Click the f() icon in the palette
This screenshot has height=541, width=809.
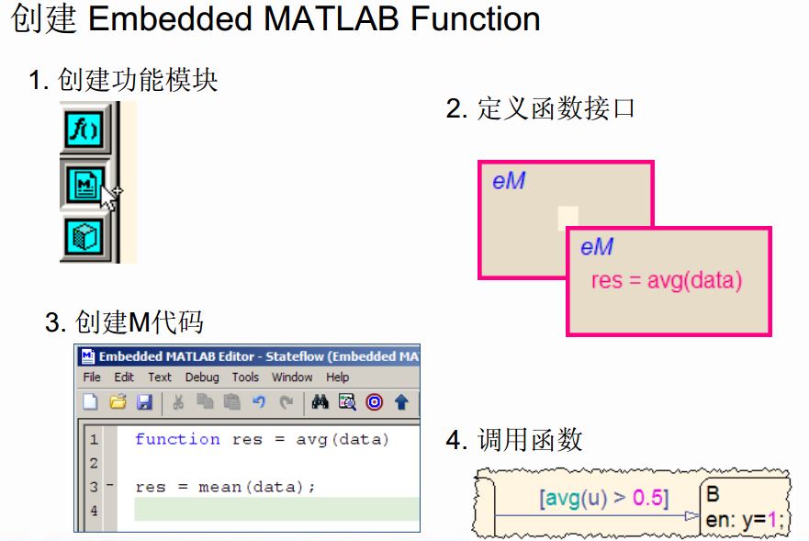point(84,129)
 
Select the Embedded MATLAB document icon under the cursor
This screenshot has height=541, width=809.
point(84,183)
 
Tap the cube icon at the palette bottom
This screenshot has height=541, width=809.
point(84,236)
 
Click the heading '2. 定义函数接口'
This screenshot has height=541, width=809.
point(540,109)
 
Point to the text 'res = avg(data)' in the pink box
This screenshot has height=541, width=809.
point(666,280)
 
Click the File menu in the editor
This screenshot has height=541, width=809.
point(92,378)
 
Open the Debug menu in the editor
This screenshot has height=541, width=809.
point(202,378)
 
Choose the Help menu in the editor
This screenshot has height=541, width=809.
point(337,378)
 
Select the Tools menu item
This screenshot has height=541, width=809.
point(245,378)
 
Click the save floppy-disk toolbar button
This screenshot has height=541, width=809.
point(144,402)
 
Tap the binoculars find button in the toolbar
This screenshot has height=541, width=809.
point(320,402)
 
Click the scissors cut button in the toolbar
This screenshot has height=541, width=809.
point(178,402)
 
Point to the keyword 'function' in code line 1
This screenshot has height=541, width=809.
point(177,439)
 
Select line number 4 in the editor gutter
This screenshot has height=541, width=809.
point(94,511)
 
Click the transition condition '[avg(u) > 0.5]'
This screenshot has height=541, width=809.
point(603,499)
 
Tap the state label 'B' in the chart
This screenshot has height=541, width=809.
point(713,495)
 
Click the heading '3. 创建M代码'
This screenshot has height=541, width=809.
point(124,322)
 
